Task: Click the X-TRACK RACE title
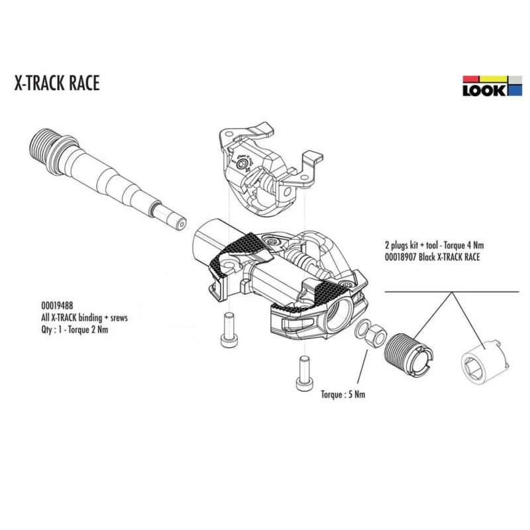[x=57, y=83]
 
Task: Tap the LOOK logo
[x=492, y=86]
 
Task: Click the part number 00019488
[x=57, y=305]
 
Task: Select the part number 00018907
[x=400, y=257]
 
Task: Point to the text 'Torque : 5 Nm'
[x=343, y=394]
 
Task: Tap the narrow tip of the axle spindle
[x=172, y=220]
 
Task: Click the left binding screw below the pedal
[x=229, y=330]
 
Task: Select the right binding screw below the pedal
[x=305, y=374]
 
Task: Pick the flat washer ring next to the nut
[x=362, y=329]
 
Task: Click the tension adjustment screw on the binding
[x=241, y=164]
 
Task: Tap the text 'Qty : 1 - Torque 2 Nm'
[x=75, y=329]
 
